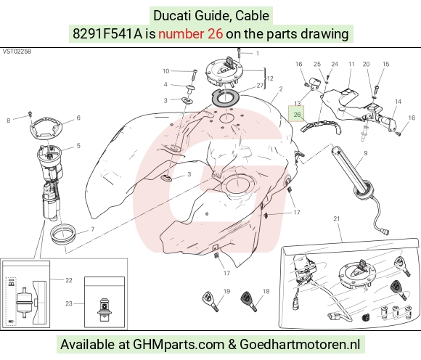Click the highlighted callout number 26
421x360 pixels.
point(297,115)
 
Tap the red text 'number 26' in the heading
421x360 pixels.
point(190,34)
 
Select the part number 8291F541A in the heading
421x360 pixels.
point(107,34)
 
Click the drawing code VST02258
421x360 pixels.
point(17,52)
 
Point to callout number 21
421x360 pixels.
point(337,218)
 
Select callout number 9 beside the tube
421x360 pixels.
point(365,153)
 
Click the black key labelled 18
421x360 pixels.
point(249,301)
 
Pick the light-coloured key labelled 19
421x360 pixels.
point(210,301)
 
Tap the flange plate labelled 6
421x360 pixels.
point(46,128)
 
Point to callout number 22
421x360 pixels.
point(69,280)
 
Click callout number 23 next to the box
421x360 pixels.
point(69,303)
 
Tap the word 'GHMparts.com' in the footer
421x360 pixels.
point(179,345)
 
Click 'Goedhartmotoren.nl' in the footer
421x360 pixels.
point(300,345)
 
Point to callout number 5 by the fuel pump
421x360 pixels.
point(78,145)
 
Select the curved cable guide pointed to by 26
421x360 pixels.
point(321,127)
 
